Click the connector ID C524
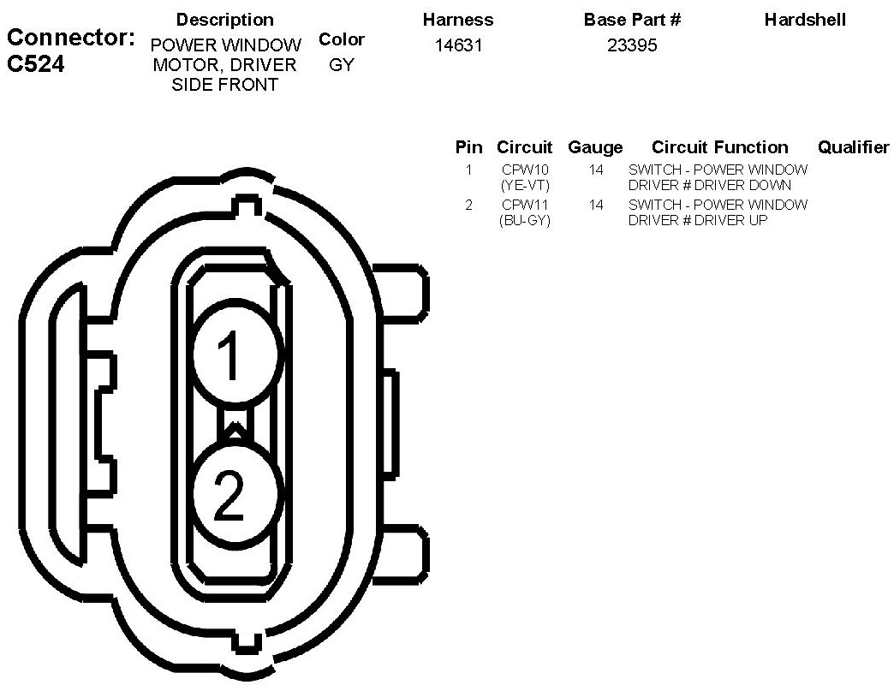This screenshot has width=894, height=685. click(x=35, y=65)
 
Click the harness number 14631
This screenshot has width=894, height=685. click(x=458, y=45)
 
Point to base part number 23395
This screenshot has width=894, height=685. click(x=632, y=45)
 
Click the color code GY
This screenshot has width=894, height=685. click(x=341, y=65)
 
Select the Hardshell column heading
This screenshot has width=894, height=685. click(x=805, y=20)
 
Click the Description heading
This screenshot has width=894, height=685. click(x=225, y=20)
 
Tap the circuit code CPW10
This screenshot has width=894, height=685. click(x=524, y=170)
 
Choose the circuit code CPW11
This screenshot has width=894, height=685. click(x=524, y=205)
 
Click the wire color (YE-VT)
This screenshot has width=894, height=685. click(x=524, y=185)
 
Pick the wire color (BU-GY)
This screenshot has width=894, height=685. click(x=524, y=220)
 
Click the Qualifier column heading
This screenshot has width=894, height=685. click(x=853, y=147)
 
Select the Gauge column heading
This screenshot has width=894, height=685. click(x=595, y=147)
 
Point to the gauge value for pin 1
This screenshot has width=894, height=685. click(x=596, y=170)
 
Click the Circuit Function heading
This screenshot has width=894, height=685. click(x=719, y=147)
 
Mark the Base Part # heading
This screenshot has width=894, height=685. click(x=632, y=20)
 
